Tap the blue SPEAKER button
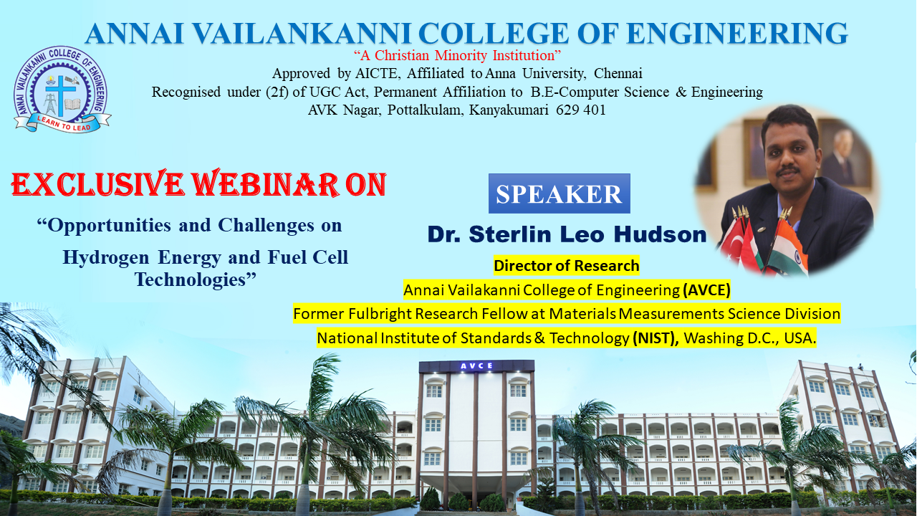tap(559, 193)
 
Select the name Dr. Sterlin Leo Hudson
tap(567, 234)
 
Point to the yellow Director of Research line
tap(566, 266)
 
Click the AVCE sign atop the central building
tap(476, 366)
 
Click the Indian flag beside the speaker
tap(788, 247)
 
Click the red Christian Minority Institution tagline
tap(457, 55)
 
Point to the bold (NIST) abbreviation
tap(656, 338)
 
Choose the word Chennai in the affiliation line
tap(618, 73)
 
